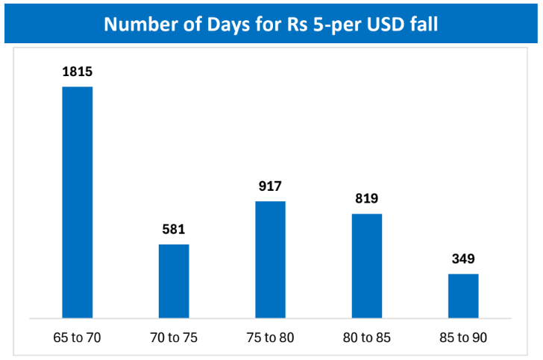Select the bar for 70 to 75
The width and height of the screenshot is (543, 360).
(174, 281)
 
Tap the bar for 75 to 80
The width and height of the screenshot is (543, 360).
(270, 259)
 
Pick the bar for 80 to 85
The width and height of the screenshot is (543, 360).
(366, 266)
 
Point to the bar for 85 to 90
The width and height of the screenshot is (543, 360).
(463, 296)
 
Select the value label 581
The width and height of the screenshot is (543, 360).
(174, 230)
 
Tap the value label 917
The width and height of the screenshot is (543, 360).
(270, 186)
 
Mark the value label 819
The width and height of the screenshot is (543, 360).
(366, 199)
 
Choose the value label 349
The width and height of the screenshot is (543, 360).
(463, 259)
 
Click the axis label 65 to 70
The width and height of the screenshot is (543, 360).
(77, 338)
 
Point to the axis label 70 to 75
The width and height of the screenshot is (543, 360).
(174, 338)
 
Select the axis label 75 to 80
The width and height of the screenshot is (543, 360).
(270, 338)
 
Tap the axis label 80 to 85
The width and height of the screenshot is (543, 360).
(366, 338)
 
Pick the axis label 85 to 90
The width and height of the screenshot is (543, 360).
(463, 338)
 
